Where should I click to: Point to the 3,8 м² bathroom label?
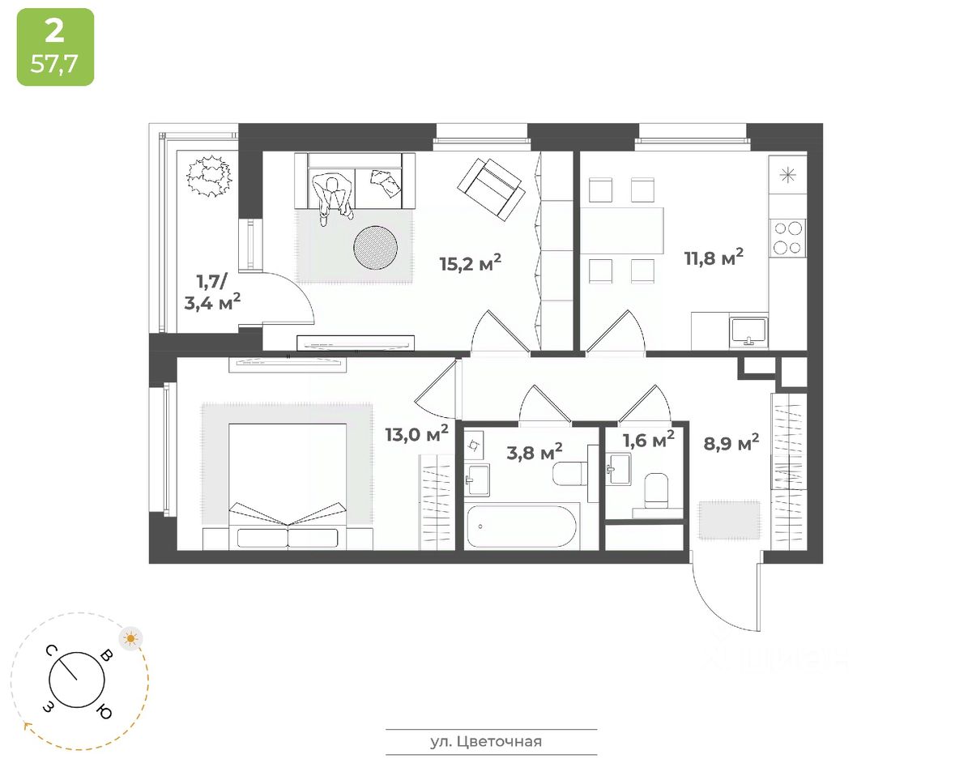(535, 451)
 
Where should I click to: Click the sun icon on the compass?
(130, 638)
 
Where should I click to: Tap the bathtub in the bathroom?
(522, 527)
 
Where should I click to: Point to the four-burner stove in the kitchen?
(787, 237)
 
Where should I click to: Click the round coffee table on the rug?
(375, 247)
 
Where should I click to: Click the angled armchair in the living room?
(490, 187)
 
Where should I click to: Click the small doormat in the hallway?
(729, 520)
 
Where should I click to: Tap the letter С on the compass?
(51, 650)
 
